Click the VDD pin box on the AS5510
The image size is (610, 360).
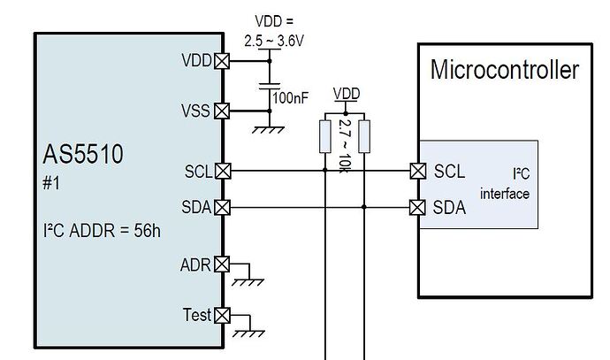click(x=222, y=61)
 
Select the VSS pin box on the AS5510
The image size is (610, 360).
click(x=222, y=111)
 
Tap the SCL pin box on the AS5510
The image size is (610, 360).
click(x=222, y=171)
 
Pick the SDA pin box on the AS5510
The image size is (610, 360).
click(x=222, y=208)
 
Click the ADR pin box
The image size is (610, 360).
click(x=222, y=264)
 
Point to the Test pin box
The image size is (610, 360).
click(x=222, y=314)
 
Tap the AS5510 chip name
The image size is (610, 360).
click(x=83, y=156)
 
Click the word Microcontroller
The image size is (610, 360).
click(x=504, y=70)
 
